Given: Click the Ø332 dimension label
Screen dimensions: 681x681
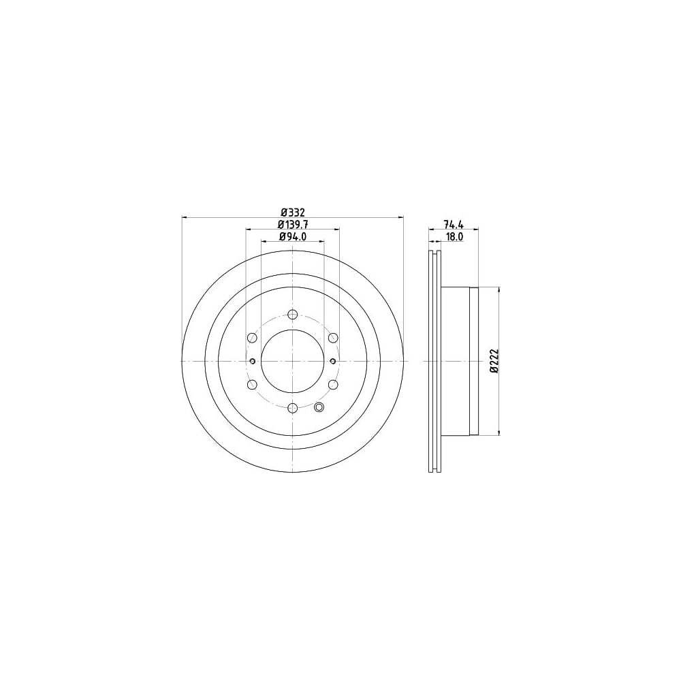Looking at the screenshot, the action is click(293, 212).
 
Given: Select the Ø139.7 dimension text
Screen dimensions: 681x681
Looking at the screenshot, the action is click(293, 224).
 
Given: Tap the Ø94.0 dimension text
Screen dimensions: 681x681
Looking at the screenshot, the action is click(293, 236).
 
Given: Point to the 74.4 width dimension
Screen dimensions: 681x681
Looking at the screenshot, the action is click(454, 224).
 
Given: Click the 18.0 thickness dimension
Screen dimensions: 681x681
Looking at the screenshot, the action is click(454, 236).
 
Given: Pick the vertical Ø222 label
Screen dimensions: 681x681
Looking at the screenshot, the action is click(494, 360).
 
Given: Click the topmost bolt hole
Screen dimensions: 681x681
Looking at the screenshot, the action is click(293, 314).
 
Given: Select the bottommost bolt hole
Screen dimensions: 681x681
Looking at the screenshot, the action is click(293, 407).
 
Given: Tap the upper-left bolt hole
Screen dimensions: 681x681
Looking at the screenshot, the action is click(252, 338).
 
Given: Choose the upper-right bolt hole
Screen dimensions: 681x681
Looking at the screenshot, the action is click(333, 338).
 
